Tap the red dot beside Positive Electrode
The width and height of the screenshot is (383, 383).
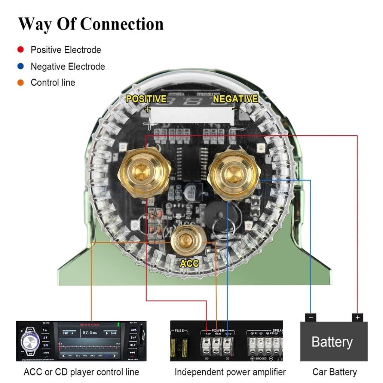click(21, 49)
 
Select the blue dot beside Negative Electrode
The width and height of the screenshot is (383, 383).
click(21, 66)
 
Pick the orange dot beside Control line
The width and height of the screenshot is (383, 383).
click(21, 83)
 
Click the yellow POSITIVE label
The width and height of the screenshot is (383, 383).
click(146, 99)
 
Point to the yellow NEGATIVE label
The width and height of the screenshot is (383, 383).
click(235, 99)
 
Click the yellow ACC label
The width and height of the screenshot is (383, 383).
click(189, 263)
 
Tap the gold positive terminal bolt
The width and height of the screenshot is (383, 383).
click(144, 172)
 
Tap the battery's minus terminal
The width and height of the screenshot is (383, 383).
click(310, 318)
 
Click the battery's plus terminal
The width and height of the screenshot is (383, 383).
click(358, 318)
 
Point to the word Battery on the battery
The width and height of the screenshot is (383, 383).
click(332, 342)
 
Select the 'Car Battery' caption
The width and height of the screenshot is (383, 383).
click(334, 372)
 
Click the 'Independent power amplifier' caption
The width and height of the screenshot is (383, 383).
click(230, 372)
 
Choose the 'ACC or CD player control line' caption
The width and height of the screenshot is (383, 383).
click(81, 372)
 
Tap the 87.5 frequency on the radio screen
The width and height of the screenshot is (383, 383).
click(90, 333)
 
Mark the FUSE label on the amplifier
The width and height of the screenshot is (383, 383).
click(179, 331)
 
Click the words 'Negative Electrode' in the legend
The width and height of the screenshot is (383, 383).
click(68, 67)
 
